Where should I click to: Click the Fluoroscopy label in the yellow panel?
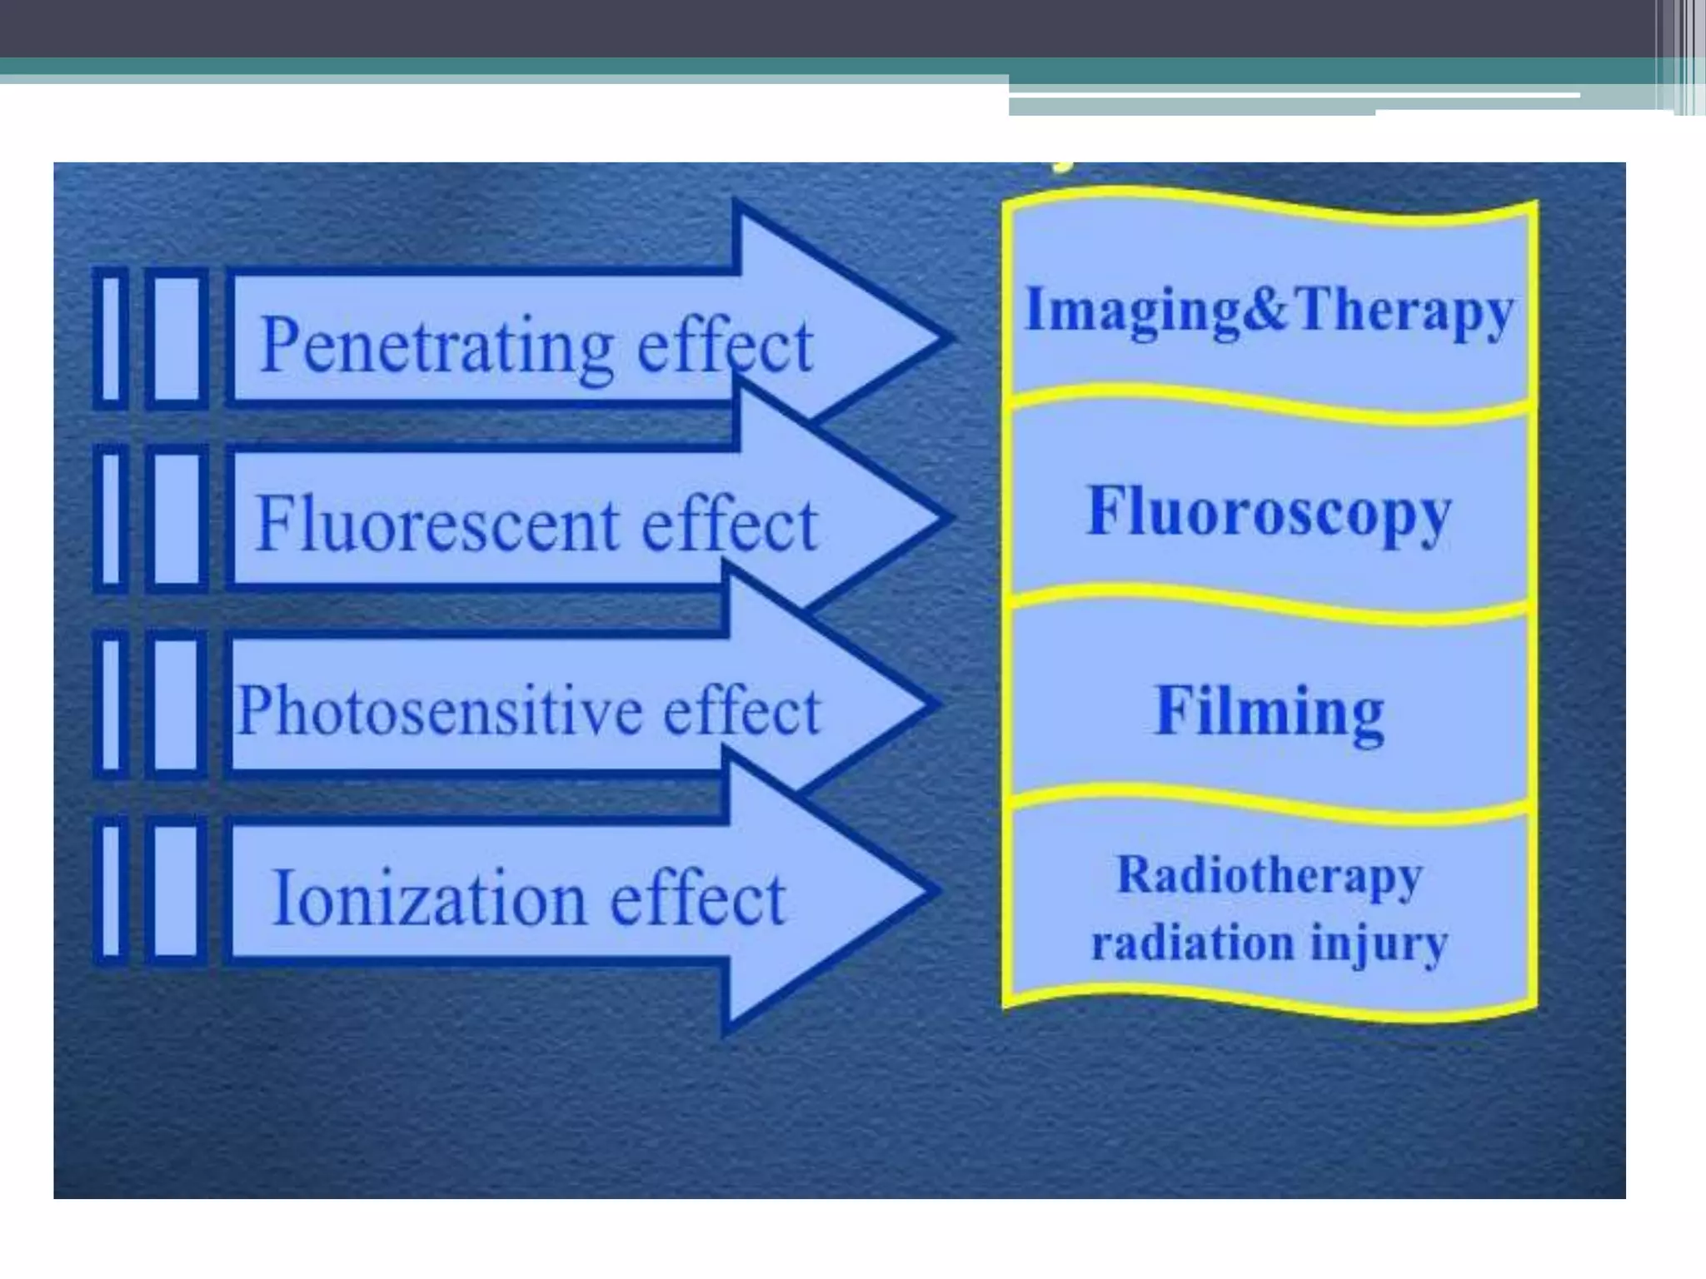[x=1269, y=512]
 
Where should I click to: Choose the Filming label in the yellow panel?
[x=1269, y=712]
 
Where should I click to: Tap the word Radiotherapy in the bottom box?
[x=1269, y=876]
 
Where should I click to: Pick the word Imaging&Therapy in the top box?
[x=1269, y=310]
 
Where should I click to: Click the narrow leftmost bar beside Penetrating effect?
[x=111, y=338]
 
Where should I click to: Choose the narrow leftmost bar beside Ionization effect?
[x=111, y=890]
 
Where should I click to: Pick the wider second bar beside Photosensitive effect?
[x=177, y=704]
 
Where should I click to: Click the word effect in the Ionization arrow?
[x=698, y=899]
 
